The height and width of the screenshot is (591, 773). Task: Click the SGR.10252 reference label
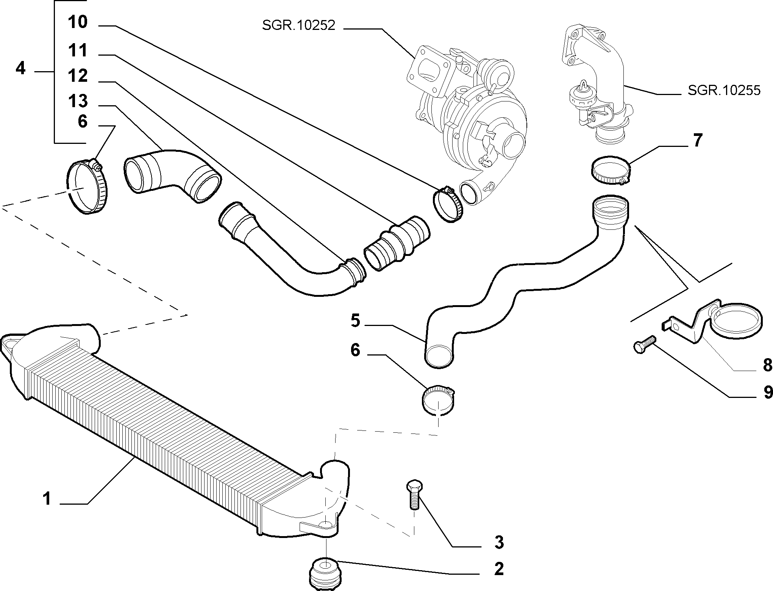point(298,26)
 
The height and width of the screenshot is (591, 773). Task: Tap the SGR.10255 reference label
point(724,90)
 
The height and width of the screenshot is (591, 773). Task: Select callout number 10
point(78,22)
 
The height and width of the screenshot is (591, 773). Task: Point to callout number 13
point(78,101)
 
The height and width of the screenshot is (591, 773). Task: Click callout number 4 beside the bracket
point(21,69)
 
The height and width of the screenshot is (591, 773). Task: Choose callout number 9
point(767,392)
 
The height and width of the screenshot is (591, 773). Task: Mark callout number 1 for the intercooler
point(47,498)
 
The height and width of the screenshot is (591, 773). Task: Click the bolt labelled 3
point(414,494)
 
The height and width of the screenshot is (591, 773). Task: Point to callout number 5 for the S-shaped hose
point(355,320)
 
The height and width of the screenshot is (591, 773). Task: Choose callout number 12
point(78,76)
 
